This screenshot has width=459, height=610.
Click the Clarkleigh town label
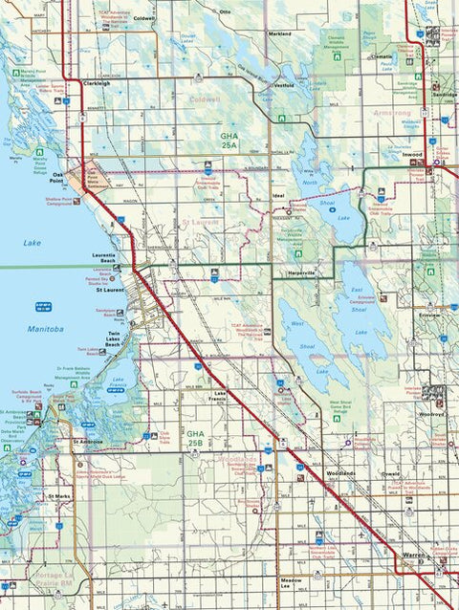tap(98, 83)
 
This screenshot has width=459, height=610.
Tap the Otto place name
tap(226, 11)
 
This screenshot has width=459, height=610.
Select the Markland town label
tap(279, 33)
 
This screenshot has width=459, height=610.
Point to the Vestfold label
tap(282, 85)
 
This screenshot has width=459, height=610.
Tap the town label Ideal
tap(278, 194)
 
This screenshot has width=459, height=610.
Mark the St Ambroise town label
tap(87, 443)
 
